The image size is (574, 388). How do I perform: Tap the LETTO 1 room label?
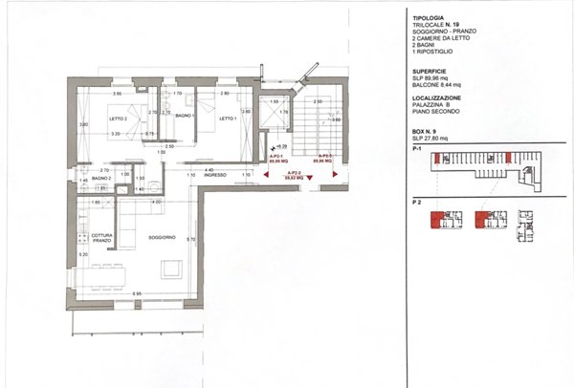227,119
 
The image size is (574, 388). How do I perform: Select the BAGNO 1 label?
185,116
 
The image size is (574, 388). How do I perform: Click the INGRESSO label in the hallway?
213,175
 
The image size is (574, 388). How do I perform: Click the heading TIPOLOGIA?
427,15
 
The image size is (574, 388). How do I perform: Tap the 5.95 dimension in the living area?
137,293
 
